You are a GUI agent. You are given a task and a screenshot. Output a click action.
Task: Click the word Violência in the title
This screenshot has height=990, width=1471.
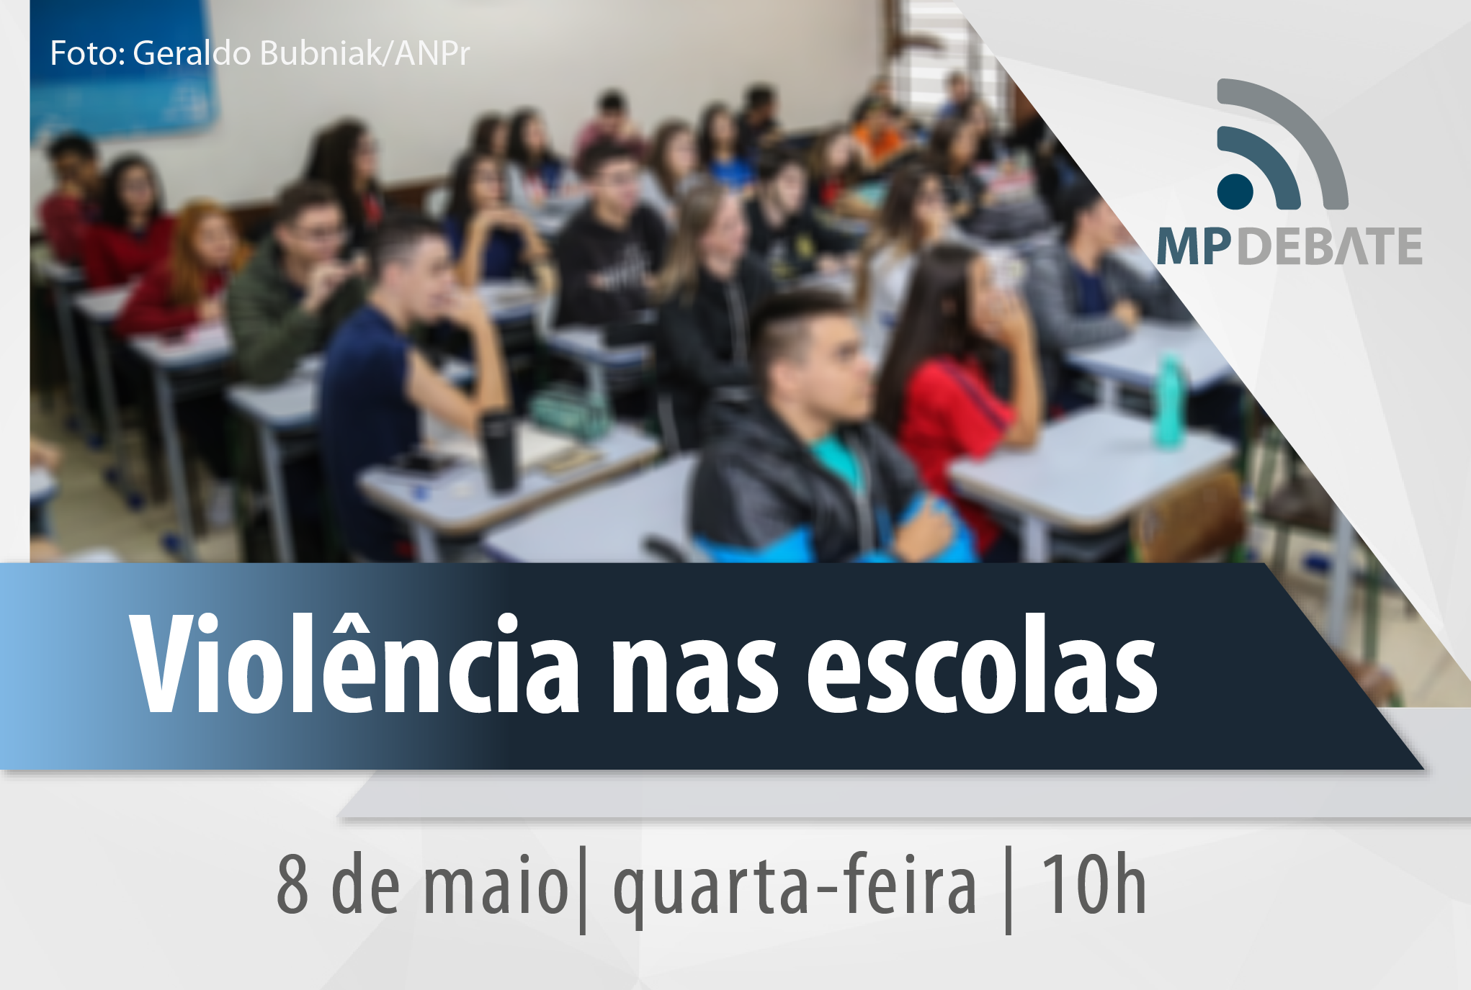(x=354, y=663)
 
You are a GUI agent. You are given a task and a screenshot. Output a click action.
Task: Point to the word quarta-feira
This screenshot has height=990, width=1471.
(x=795, y=889)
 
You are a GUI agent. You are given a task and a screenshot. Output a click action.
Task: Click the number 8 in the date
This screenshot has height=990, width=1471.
(x=292, y=884)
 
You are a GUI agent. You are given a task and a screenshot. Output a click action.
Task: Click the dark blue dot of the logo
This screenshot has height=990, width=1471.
(x=1235, y=192)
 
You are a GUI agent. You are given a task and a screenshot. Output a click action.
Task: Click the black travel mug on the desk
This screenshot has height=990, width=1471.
(x=499, y=450)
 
